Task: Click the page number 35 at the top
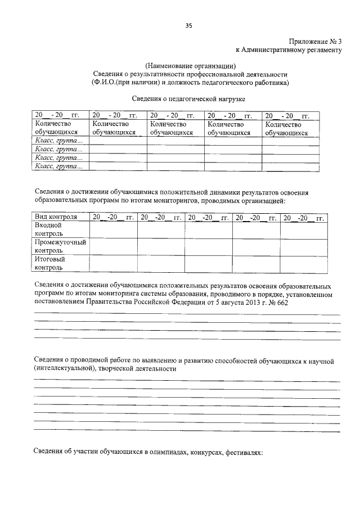189,25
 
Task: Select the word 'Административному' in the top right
276,50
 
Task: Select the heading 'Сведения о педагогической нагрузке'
190,99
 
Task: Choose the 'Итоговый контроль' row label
50,263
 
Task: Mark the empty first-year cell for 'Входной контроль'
113,229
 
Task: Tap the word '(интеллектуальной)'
64,370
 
